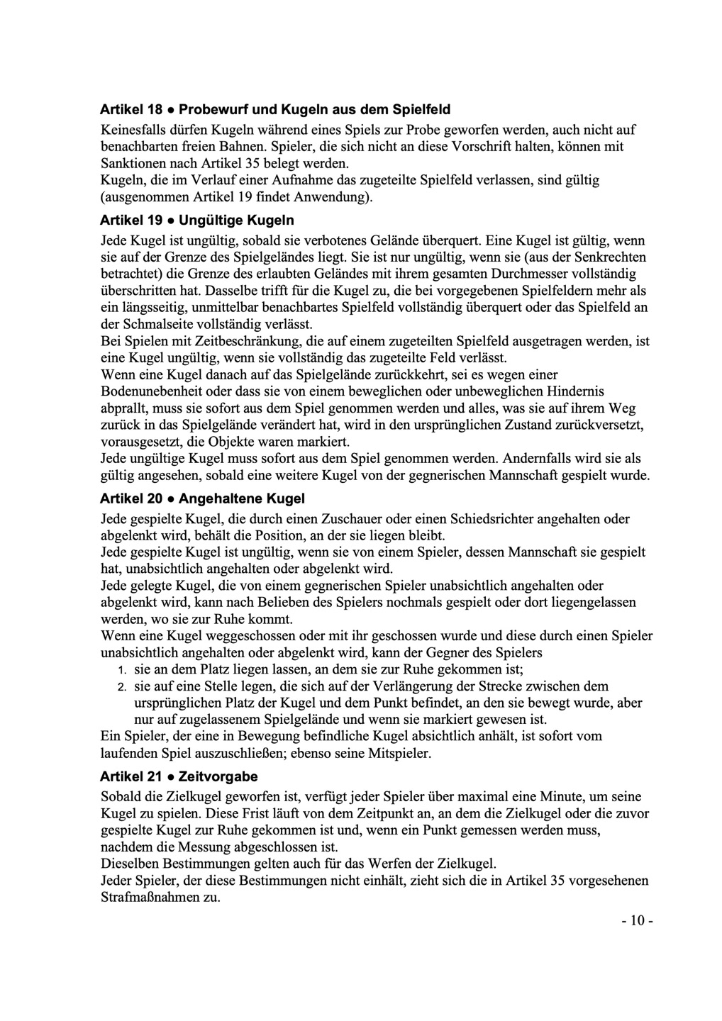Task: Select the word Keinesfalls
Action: coord(133,130)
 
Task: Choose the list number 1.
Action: coord(121,670)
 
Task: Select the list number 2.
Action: coord(121,687)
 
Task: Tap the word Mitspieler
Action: coord(398,753)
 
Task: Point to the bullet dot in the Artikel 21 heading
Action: coord(170,776)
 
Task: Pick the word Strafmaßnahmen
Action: coord(159,898)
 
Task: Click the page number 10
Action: coord(636,921)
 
